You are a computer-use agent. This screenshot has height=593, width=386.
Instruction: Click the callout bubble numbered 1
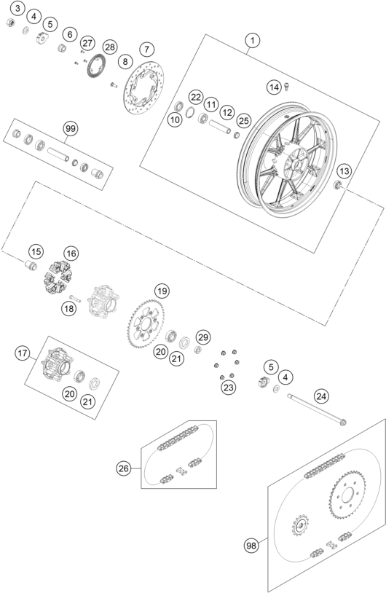[x=253, y=40]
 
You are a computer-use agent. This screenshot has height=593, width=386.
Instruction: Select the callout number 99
[x=71, y=129]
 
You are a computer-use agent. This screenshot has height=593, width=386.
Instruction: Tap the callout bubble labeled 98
[x=251, y=546]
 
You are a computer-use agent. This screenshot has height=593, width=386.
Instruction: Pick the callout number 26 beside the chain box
[x=123, y=468]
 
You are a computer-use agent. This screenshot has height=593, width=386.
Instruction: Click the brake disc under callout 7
[x=144, y=87]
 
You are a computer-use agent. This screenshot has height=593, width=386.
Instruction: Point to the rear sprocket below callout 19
[x=146, y=323]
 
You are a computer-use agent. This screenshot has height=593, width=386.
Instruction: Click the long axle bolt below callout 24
[x=317, y=409]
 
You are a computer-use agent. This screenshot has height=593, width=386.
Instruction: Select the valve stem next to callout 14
[x=286, y=87]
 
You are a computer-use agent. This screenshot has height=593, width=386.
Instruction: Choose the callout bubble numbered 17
[x=23, y=353]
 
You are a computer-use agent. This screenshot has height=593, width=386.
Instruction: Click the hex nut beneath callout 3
[x=11, y=23]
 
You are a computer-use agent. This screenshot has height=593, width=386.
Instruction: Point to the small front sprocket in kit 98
[x=300, y=525]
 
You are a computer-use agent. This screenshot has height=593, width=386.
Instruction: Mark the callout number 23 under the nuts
[x=229, y=388]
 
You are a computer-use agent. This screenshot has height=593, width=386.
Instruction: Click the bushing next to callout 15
[x=31, y=265]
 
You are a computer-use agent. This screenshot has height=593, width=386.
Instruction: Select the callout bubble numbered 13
[x=344, y=171]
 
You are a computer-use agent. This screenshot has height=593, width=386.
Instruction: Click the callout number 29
[x=203, y=337]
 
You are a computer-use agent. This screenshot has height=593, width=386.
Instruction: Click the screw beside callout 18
[x=75, y=298]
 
